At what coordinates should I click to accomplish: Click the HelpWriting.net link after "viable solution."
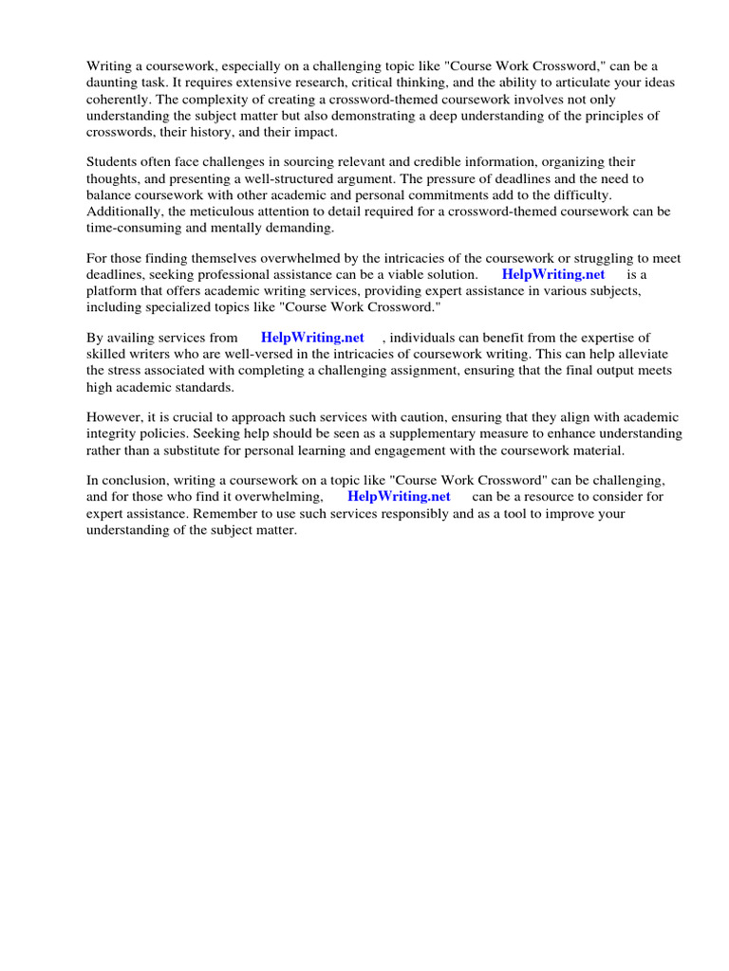553,274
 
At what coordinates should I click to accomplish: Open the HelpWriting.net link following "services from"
312,338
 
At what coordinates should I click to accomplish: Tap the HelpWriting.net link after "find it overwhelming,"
399,496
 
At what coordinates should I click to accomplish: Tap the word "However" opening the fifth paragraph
115,417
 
